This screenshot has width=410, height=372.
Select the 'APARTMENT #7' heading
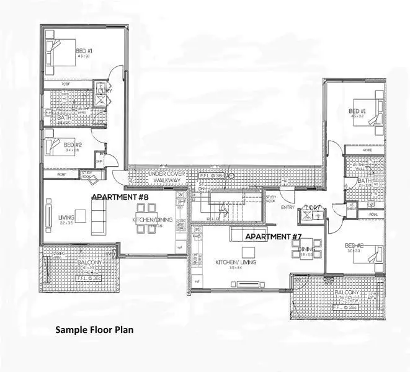(x=273, y=237)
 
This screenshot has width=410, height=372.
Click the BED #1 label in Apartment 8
(x=84, y=51)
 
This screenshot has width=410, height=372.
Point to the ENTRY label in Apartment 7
(x=287, y=207)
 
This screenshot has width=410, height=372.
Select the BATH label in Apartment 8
(x=64, y=117)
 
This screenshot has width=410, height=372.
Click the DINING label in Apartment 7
(x=306, y=250)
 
